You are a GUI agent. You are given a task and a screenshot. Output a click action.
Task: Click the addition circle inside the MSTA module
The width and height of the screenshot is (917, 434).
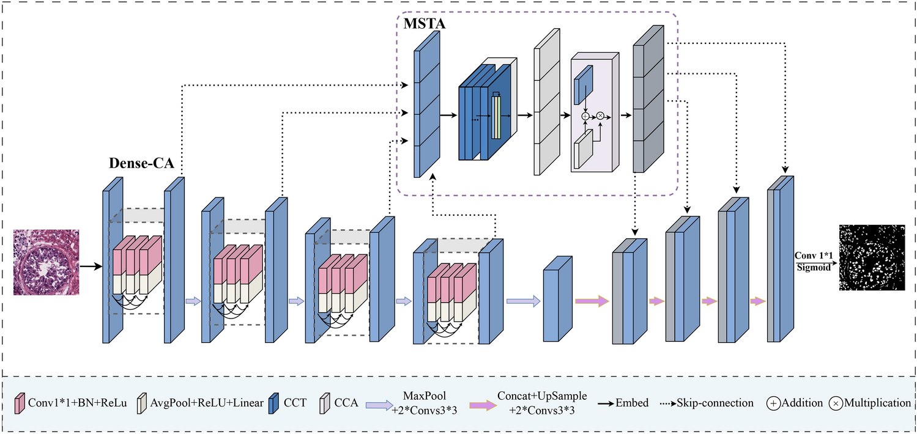pyautogui.click(x=585, y=116)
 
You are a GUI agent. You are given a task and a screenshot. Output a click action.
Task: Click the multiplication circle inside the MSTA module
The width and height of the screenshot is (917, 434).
pyautogui.click(x=600, y=116)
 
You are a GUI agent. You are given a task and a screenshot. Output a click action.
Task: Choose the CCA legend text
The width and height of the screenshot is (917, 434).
pyautogui.click(x=346, y=403)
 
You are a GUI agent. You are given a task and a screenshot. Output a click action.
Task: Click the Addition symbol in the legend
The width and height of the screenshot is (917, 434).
pyautogui.click(x=774, y=403)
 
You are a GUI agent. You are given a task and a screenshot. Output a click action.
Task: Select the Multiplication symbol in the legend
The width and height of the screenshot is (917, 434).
pyautogui.click(x=836, y=403)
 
